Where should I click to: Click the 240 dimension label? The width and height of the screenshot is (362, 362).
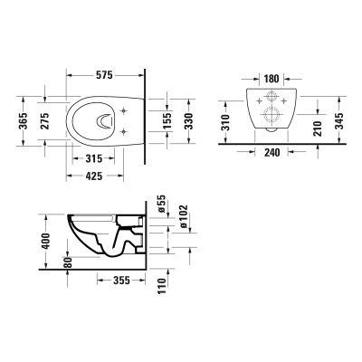(270, 152)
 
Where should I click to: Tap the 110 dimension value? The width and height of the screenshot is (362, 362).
(160, 291)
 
